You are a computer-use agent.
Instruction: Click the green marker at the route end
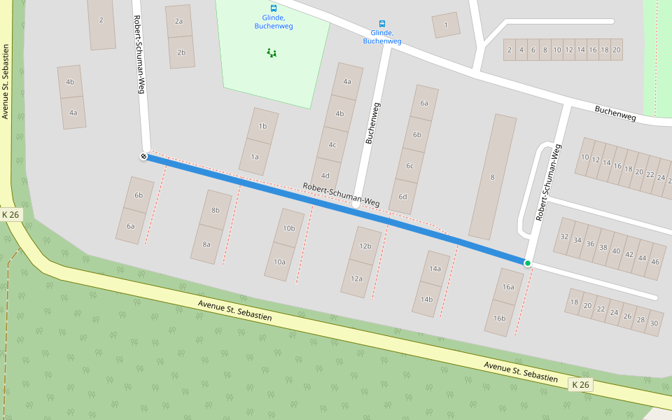[527, 263]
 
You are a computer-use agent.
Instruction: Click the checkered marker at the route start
[143, 156]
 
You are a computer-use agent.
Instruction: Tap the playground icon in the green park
[272, 52]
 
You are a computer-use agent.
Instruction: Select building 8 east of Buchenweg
[492, 177]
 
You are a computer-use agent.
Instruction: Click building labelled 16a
[508, 286]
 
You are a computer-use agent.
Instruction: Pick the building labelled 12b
[365, 246]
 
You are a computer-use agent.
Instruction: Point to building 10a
[279, 262]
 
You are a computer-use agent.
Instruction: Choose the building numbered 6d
[402, 197]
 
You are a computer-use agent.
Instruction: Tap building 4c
[332, 145]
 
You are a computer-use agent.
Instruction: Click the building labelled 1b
[262, 126]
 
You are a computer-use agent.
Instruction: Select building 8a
[206, 244]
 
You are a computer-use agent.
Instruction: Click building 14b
[426, 299]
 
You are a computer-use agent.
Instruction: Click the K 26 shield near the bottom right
[580, 384]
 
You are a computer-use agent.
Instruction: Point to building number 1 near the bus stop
[446, 25]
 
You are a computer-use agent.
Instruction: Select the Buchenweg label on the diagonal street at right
[615, 113]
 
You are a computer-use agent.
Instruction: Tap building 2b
[181, 52]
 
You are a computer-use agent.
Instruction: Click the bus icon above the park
[273, 8]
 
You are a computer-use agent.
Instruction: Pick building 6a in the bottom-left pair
[130, 226]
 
